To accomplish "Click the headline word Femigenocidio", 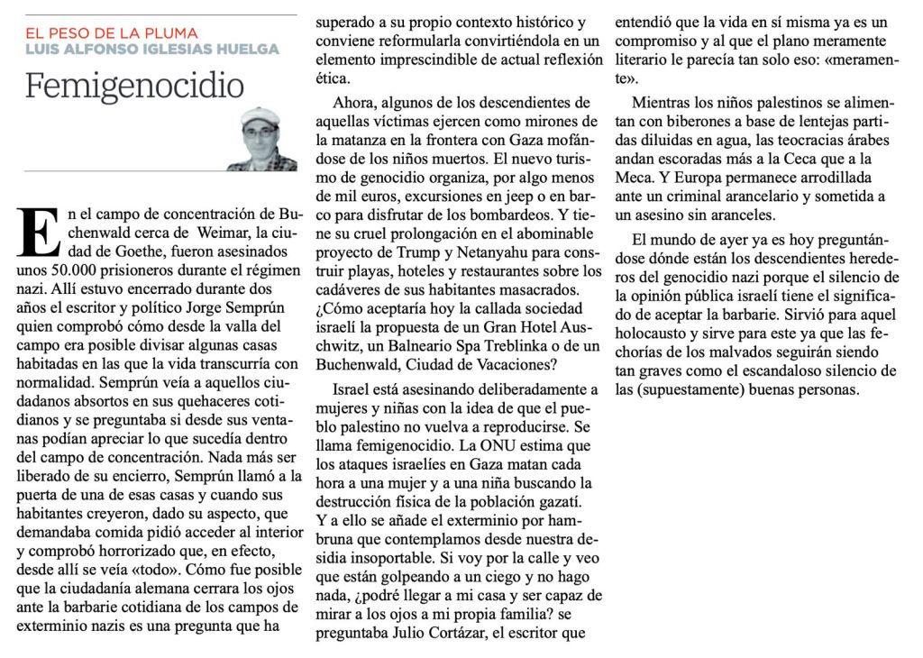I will [134, 86].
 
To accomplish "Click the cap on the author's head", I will [261, 117].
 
